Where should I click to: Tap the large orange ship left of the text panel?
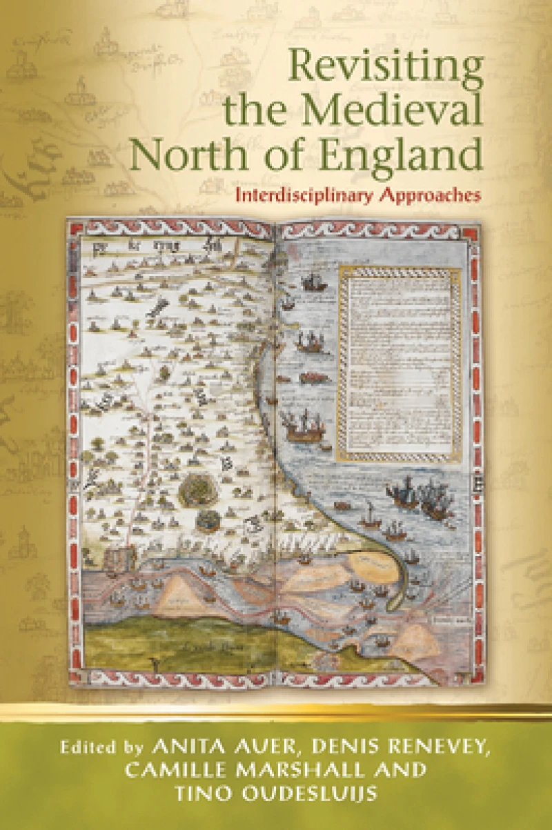point(304,428)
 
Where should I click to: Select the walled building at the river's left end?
point(122,557)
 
